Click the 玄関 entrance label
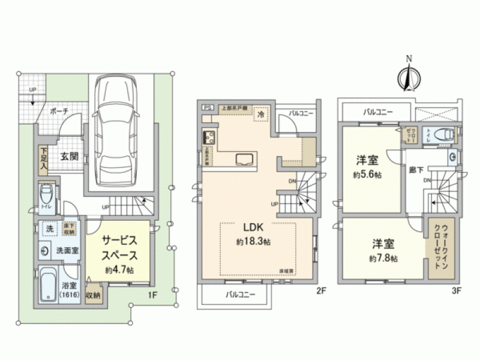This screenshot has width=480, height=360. click(x=70, y=157)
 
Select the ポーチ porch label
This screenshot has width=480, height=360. click(x=59, y=112)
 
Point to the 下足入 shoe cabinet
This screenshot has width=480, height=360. click(x=44, y=160)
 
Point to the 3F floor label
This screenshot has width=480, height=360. click(x=456, y=291)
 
